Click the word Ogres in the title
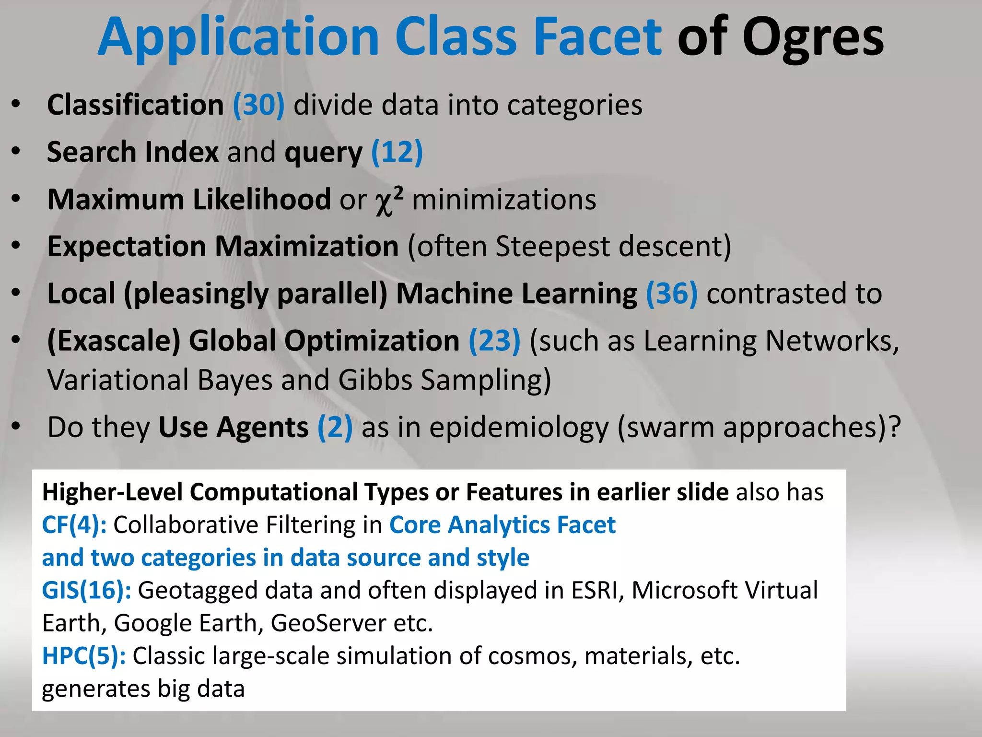point(813,38)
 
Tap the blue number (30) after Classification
point(259,105)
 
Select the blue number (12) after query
point(397,153)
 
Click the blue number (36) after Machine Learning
point(672,294)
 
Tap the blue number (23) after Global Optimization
point(494,341)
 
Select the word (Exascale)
point(114,341)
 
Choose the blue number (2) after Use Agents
point(335,427)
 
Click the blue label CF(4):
point(74,525)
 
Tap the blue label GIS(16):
point(86,590)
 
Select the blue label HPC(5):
point(84,656)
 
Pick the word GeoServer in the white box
point(328,623)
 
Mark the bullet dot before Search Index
point(16,151)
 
